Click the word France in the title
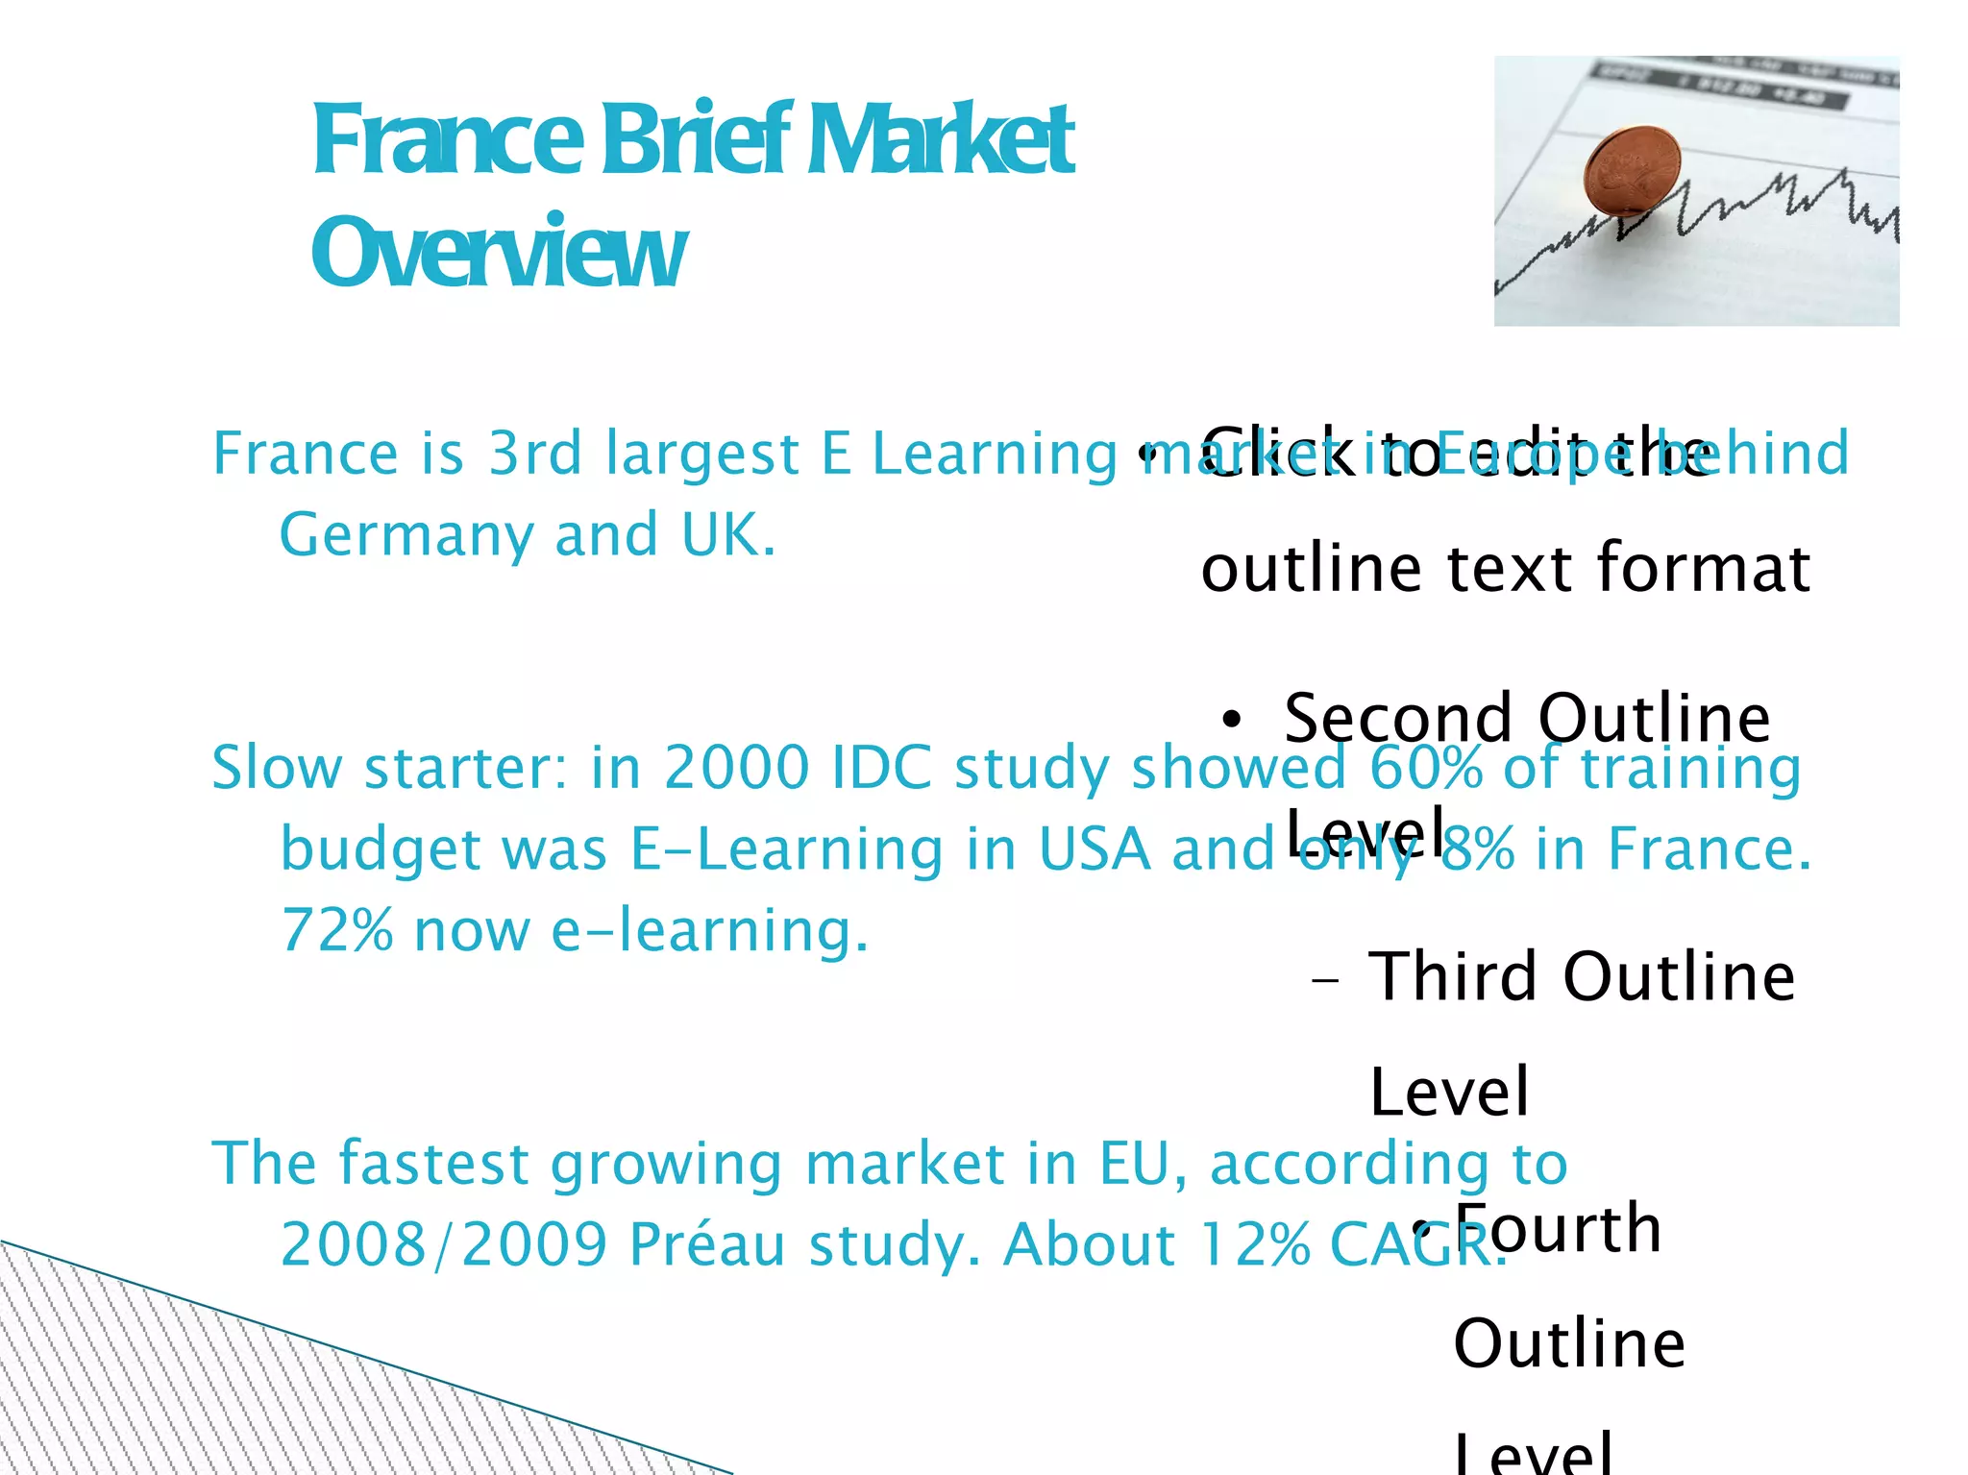447,141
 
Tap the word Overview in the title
498,253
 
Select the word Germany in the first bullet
406,535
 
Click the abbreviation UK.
727,535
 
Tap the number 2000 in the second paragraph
737,768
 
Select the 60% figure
1425,768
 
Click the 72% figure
336,930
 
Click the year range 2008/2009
444,1244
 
